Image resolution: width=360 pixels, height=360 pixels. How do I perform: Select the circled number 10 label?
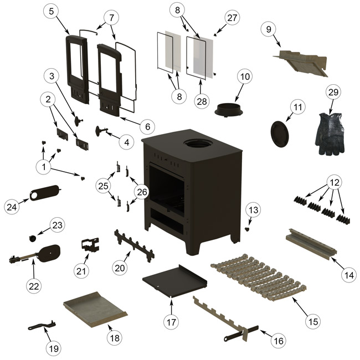(245, 75)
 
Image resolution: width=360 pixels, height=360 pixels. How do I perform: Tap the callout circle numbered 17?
(172, 321)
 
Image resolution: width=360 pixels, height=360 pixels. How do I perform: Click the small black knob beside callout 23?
(33, 238)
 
